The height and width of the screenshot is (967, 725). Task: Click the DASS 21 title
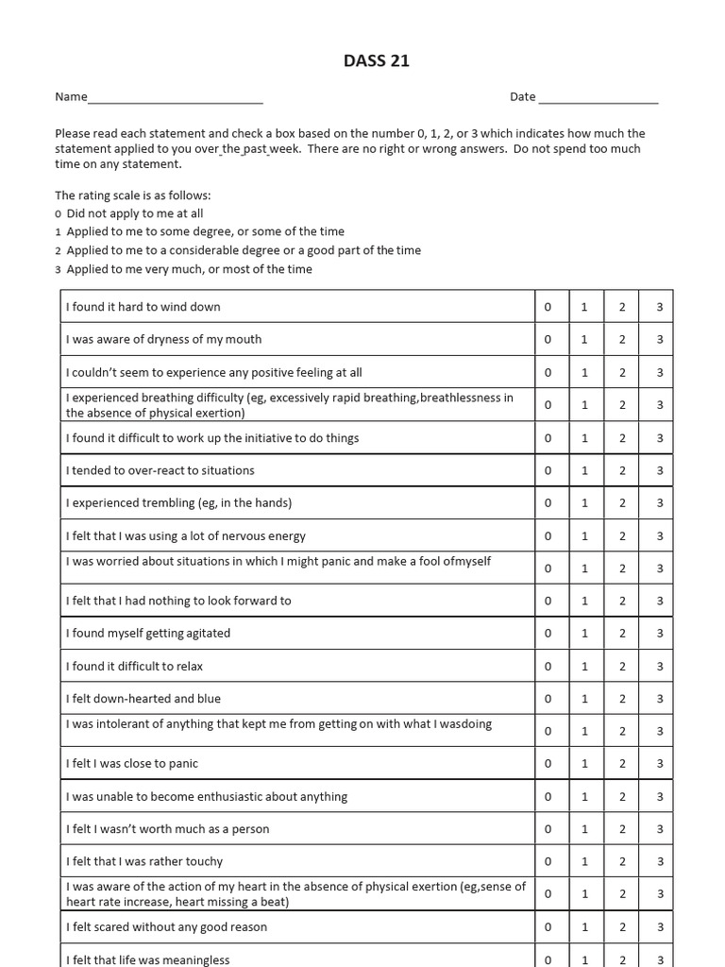[377, 61]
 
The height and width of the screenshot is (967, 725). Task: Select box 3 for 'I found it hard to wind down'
[660, 307]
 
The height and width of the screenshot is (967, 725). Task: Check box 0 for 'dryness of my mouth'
[548, 339]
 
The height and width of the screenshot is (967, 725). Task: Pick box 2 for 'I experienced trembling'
[622, 502]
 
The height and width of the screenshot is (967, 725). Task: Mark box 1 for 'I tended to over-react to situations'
[584, 470]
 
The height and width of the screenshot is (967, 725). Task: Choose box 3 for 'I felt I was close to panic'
[660, 763]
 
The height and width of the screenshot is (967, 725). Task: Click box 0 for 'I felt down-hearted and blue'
[548, 699]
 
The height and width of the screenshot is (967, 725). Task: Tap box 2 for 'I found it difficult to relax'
[622, 666]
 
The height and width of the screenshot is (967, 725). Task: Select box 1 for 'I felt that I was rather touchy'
[584, 861]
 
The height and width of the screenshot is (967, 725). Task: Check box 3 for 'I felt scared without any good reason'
[660, 926]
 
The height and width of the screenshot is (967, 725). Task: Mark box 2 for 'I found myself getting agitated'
[622, 633]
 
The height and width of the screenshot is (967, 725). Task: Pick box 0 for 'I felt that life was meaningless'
[548, 959]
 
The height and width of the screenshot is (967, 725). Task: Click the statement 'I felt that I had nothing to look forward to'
[178, 601]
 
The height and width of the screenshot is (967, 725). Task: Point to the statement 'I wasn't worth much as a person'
[168, 829]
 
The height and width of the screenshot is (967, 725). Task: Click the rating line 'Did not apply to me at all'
[134, 213]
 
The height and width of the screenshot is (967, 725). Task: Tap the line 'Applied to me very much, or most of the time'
[189, 269]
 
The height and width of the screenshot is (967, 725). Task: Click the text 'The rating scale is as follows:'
[133, 195]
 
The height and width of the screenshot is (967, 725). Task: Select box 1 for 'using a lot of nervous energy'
[584, 535]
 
